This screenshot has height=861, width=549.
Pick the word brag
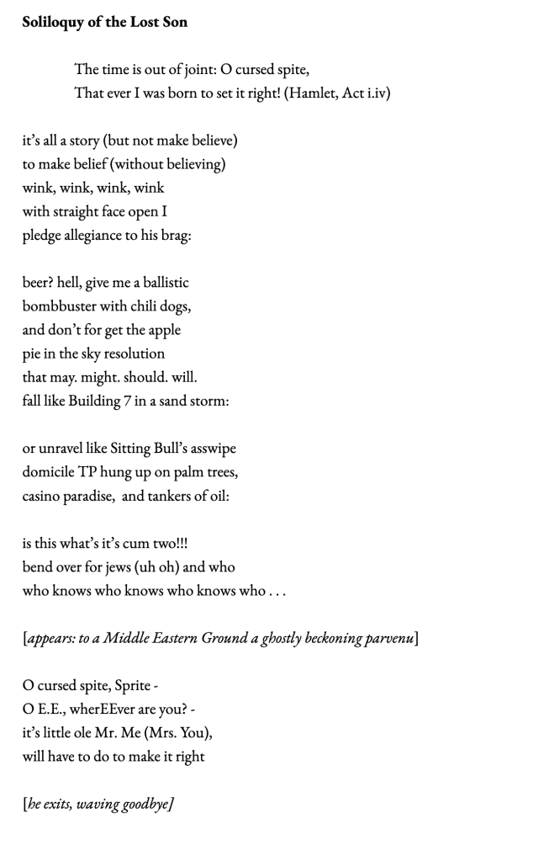tap(174, 235)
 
